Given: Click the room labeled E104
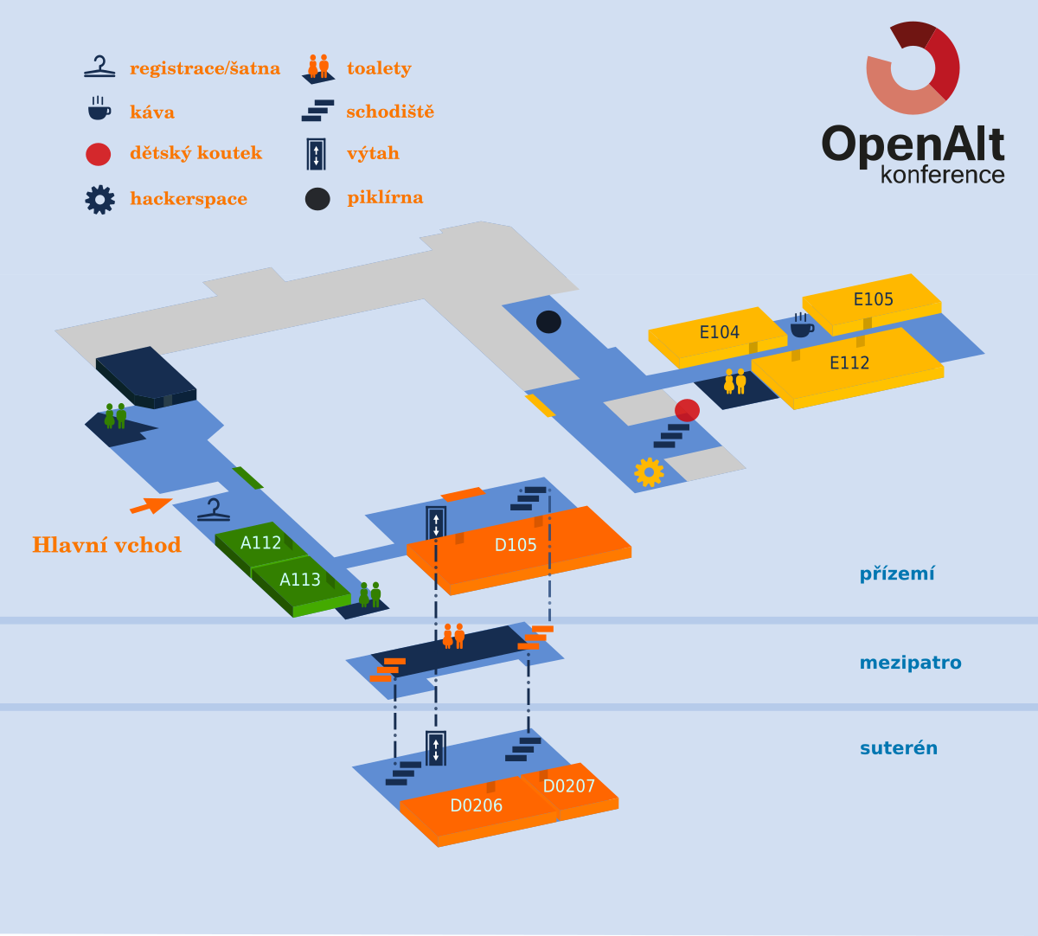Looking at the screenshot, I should click(719, 332).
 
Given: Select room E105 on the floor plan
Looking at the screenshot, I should click(873, 299).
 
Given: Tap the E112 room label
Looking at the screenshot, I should click(849, 363).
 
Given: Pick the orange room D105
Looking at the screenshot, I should click(516, 545).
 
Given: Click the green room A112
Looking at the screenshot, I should click(260, 543).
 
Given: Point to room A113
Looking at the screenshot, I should click(299, 580).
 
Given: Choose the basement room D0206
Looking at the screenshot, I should click(476, 805).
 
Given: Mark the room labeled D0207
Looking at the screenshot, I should click(569, 786).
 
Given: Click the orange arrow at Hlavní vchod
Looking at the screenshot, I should click(151, 505).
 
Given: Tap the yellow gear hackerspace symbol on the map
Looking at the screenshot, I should click(649, 471).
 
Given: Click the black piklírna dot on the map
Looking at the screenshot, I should click(548, 322).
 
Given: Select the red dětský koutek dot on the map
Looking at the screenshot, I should click(687, 410).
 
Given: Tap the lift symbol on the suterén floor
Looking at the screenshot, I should click(436, 747).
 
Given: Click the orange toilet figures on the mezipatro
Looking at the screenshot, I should click(453, 636).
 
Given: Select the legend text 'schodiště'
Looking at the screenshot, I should click(389, 112).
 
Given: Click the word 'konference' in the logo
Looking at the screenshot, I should click(942, 174).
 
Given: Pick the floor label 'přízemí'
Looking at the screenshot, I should click(896, 574).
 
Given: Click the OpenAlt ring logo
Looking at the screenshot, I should click(913, 67).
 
